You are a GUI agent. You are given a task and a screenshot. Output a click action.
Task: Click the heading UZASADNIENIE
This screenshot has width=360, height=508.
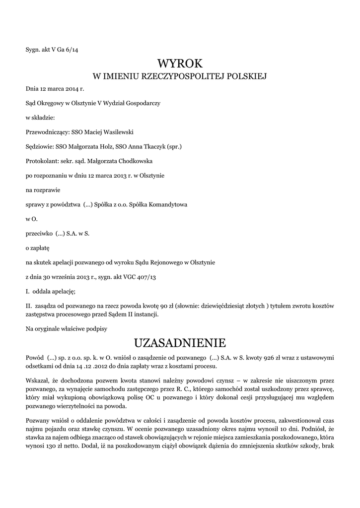[180, 343]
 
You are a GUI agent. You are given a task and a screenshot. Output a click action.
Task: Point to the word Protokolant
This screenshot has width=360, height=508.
[41, 161]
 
